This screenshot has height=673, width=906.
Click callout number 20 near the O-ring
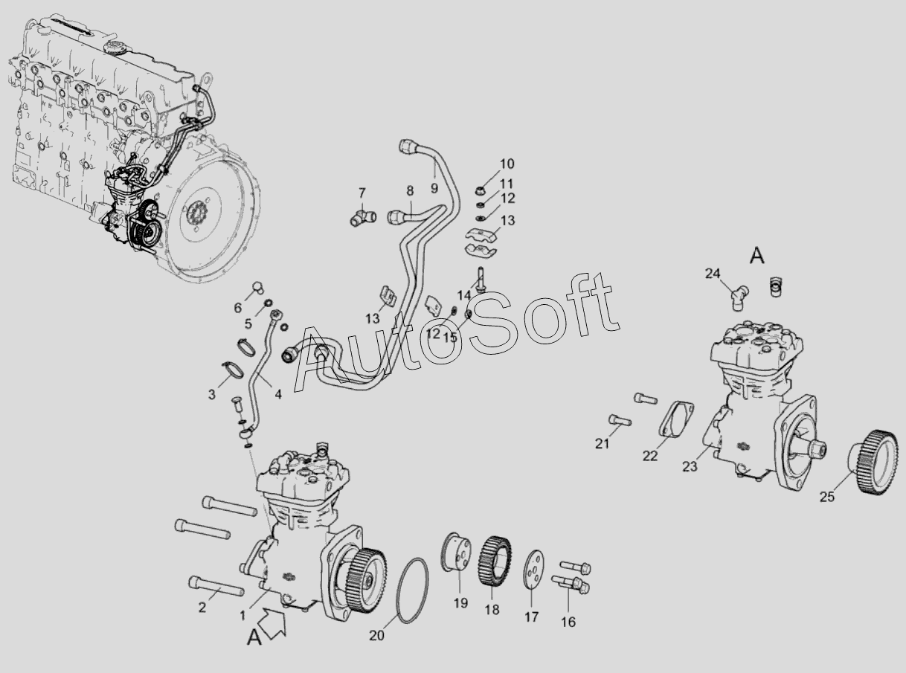pos(377,636)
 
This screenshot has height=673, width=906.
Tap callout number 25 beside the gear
pos(827,497)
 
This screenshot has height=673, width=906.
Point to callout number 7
pos(362,193)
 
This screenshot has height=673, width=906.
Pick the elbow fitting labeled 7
pos(363,218)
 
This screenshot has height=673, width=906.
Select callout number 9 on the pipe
pos(434,188)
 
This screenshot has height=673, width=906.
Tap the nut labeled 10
pos(481,190)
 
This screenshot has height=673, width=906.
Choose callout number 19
pos(460,603)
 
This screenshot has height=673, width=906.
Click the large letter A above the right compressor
pos(757,257)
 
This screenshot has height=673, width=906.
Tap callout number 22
pos(650,456)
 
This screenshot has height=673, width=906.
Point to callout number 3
pos(211,395)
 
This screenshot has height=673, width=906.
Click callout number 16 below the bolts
pos(568,622)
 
